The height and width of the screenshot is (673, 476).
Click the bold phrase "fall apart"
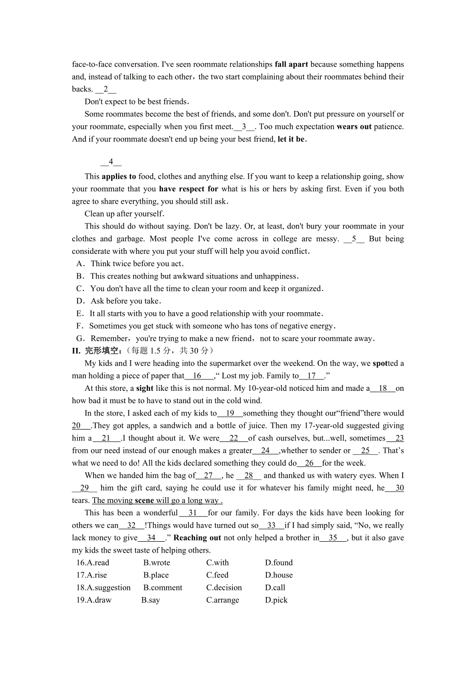click(291, 65)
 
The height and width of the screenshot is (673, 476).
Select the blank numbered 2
click(106, 89)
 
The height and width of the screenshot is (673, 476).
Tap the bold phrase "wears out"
click(354, 127)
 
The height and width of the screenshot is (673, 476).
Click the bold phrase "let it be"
click(292, 139)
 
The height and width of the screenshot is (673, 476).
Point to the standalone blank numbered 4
click(111, 162)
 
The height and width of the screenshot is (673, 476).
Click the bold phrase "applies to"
click(119, 177)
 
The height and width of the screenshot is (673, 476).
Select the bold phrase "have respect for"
click(188, 189)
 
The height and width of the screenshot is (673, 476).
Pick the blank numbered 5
click(354, 239)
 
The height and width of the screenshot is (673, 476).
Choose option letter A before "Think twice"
click(80, 264)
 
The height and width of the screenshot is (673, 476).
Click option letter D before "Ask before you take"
click(80, 301)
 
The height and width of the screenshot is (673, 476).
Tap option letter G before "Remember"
click(80, 339)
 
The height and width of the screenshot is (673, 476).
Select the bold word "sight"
click(145, 388)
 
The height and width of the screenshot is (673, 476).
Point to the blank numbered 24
click(266, 451)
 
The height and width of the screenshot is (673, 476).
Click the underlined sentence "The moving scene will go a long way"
click(157, 500)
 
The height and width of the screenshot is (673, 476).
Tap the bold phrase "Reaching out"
click(197, 538)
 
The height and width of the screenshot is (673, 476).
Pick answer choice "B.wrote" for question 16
click(156, 563)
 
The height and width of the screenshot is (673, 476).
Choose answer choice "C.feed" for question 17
click(217, 575)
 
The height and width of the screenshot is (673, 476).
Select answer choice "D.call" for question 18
click(275, 588)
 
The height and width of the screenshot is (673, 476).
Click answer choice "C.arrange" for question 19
click(222, 600)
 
